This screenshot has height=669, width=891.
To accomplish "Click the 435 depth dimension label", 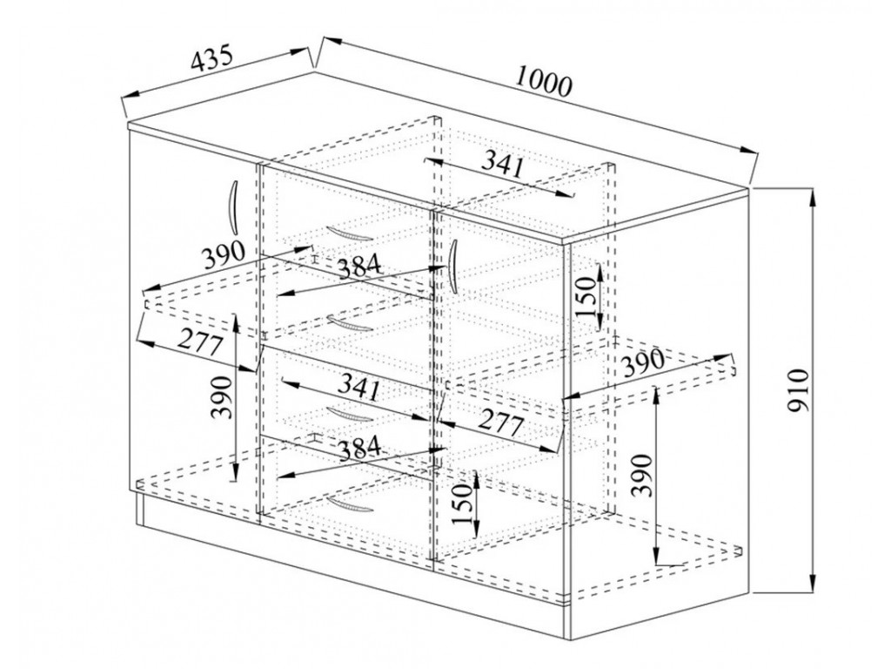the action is click(211, 57).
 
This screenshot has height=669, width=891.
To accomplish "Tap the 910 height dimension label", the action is click(799, 390).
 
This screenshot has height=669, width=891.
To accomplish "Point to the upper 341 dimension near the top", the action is click(502, 165).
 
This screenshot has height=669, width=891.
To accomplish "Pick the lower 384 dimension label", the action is click(359, 449).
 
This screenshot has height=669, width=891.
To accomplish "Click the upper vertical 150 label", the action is click(586, 296).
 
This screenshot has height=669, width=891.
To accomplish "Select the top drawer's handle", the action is click(350, 233).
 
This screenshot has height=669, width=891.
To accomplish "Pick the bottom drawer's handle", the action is click(350, 504).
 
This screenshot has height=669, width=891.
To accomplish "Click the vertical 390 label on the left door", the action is click(222, 397).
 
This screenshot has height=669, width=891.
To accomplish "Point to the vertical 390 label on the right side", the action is click(643, 475).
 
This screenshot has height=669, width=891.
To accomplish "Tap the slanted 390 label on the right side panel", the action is click(643, 362).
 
